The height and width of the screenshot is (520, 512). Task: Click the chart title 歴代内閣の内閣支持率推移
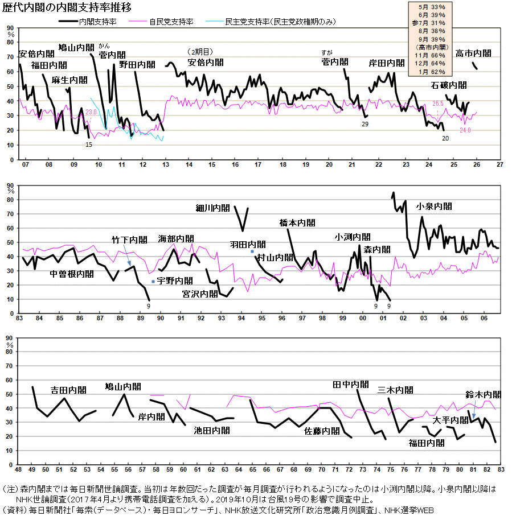pos(67,7)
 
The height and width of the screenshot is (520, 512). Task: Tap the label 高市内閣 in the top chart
pos(473,53)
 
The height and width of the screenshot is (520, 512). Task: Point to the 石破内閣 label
pos(449,85)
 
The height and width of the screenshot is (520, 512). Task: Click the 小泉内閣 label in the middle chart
pos(435,207)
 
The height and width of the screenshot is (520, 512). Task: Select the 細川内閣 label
pos(212,208)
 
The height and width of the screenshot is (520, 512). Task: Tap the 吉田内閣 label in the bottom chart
pos(68,390)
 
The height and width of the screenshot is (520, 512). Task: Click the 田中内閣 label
pos(350,385)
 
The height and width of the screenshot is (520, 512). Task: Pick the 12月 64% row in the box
pos(430,64)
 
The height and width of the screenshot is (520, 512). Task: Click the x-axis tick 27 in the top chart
pos(499,164)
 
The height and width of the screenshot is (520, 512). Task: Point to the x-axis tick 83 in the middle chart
pos(19,318)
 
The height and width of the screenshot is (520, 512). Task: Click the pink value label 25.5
pos(437,104)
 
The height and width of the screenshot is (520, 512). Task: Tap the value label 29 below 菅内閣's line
pos(365,124)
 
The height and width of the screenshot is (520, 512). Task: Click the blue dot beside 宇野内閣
pos(153,282)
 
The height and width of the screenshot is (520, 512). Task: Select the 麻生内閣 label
pos(69,80)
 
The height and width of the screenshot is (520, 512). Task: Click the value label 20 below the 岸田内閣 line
pos(445,138)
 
